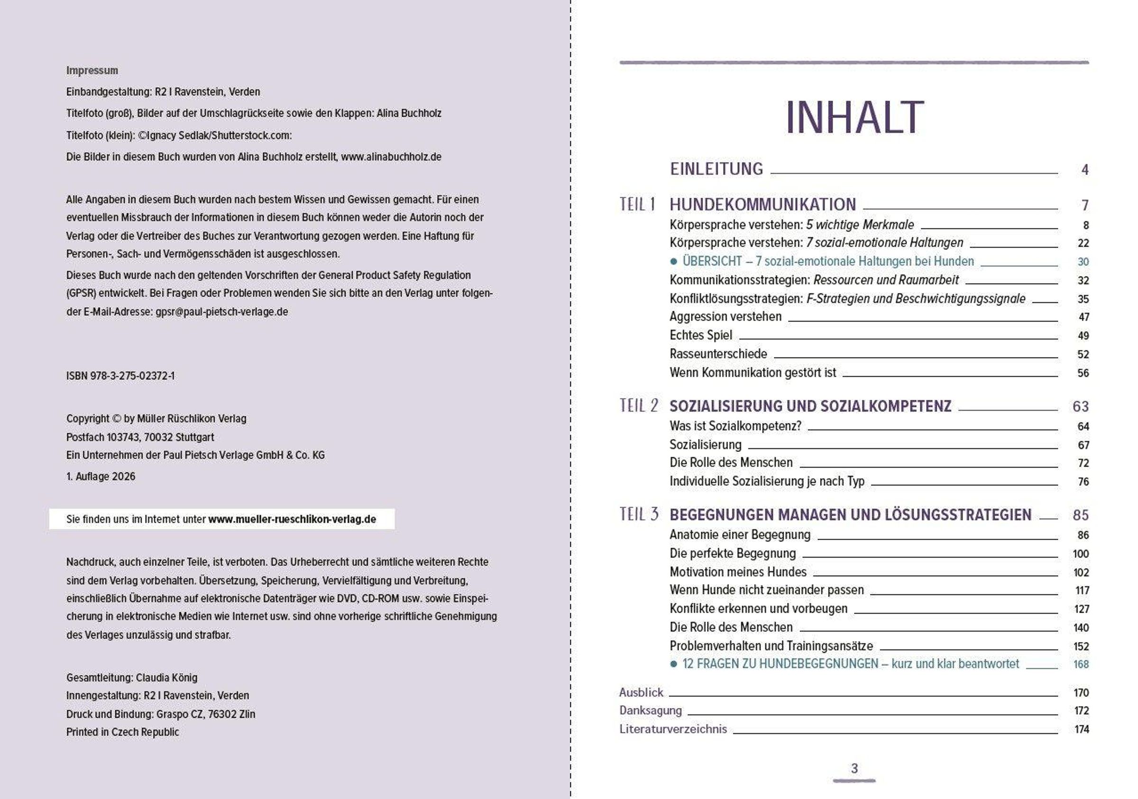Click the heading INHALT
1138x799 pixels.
click(854, 118)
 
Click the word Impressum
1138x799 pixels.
click(92, 70)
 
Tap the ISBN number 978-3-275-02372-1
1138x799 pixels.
click(132, 376)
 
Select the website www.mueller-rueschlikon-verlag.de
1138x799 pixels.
click(292, 519)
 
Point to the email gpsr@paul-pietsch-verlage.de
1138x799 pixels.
click(221, 312)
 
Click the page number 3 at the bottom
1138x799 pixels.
click(854, 768)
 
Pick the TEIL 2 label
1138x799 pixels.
click(638, 405)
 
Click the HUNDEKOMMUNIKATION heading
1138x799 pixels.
click(762, 204)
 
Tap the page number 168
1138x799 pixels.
click(1081, 664)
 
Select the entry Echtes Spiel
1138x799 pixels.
click(700, 335)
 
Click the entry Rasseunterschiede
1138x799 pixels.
click(718, 354)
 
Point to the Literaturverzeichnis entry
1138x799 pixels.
click(672, 729)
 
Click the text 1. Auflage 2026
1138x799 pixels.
click(101, 477)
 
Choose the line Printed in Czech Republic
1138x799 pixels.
click(122, 732)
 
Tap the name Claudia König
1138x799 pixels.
click(166, 678)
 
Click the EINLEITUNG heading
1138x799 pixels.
click(716, 169)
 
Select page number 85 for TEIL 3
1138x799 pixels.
click(1081, 515)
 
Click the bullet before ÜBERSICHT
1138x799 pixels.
click(673, 261)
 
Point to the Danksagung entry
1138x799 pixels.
click(650, 710)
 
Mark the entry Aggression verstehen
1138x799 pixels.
click(725, 316)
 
